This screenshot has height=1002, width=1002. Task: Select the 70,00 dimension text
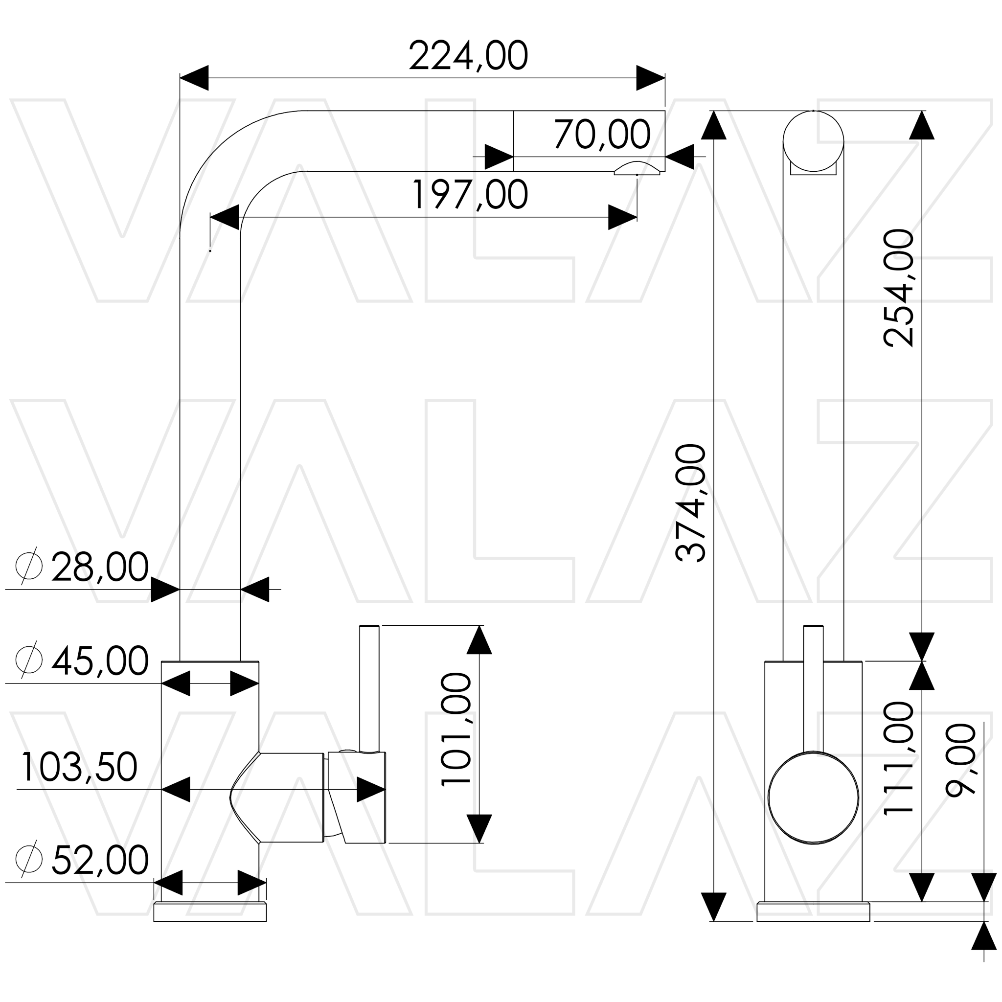[602, 135]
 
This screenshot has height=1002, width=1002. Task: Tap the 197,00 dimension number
[469, 195]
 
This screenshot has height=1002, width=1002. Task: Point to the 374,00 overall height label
[691, 503]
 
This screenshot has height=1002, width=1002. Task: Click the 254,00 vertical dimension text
[898, 288]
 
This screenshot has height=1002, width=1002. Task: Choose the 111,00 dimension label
[898, 766]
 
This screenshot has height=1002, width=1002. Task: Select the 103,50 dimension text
[79, 767]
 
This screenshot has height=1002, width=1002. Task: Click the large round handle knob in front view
[813, 798]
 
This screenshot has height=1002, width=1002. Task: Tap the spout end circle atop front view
[813, 140]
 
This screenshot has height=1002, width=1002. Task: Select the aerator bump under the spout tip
[637, 169]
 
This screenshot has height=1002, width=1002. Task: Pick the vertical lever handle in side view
[369, 688]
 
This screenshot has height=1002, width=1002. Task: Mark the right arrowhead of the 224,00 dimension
[650, 78]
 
